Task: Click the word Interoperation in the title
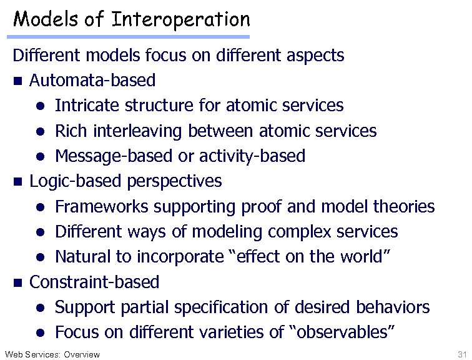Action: click(180, 19)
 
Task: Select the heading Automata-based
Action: click(92, 81)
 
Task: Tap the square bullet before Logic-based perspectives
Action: click(17, 182)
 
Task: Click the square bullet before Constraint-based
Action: click(17, 282)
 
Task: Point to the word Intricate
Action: click(82, 106)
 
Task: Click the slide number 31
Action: click(462, 354)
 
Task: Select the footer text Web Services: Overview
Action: click(51, 354)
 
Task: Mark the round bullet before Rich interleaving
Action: click(39, 132)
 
